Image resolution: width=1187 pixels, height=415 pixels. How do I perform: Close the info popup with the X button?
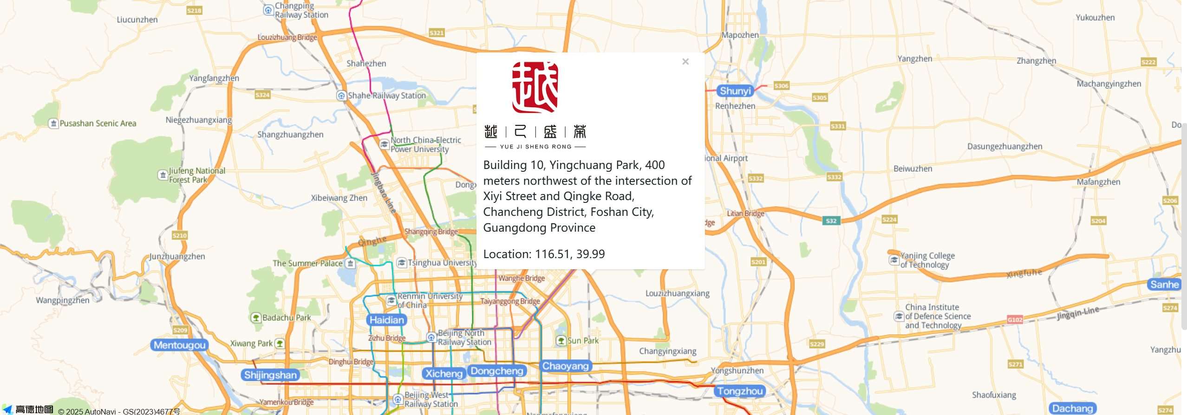point(685,62)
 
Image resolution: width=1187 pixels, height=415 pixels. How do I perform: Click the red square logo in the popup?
point(535,87)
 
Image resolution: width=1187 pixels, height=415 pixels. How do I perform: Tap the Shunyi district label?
point(735,91)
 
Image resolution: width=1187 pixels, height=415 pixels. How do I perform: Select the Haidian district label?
point(386,320)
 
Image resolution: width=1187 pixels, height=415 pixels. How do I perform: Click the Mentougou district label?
point(179,345)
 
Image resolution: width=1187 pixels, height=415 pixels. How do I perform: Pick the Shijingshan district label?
point(270,375)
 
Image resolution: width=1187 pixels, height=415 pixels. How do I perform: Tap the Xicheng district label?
point(443,374)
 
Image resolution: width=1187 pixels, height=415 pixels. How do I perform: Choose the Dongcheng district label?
point(496,371)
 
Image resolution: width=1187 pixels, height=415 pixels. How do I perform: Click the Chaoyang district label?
point(565,366)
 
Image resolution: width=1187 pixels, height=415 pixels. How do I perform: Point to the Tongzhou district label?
point(739,391)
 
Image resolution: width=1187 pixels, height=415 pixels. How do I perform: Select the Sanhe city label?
point(1164,285)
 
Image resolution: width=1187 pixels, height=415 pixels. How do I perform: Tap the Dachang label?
point(1072,409)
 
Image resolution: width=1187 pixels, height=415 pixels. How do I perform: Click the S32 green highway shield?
point(831,221)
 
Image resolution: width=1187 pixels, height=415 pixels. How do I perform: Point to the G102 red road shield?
point(1015,319)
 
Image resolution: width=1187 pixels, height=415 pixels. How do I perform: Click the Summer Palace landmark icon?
point(351,264)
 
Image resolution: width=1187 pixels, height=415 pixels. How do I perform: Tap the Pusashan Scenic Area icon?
point(53,123)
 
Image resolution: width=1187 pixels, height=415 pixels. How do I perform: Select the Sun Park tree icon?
point(561,341)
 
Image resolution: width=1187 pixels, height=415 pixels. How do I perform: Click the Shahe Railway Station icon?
point(341,96)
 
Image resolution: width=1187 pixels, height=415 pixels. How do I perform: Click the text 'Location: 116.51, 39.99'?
point(544,254)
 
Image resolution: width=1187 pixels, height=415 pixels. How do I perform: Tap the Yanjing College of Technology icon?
point(894,260)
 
